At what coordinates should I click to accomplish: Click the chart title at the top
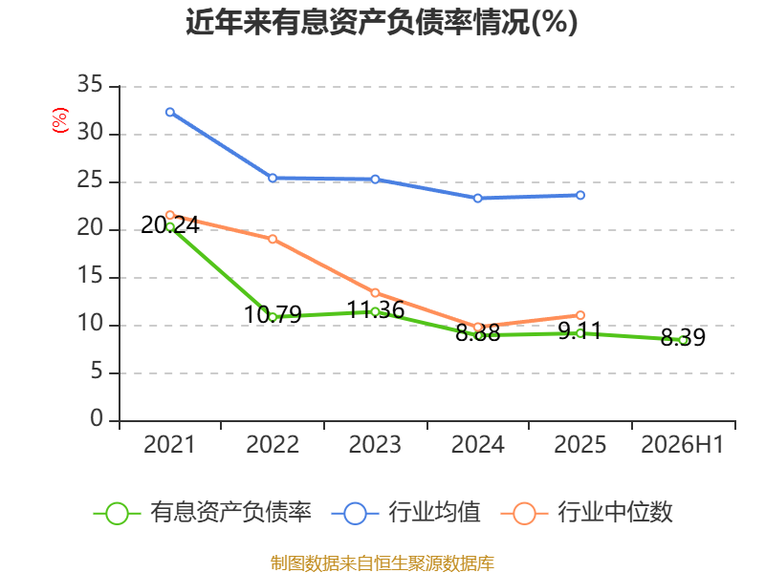(x=382, y=22)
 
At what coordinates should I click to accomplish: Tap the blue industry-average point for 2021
(x=170, y=112)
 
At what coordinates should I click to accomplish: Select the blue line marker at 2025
(x=580, y=195)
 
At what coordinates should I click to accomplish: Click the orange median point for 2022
(x=273, y=239)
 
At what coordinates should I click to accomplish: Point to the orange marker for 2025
(x=580, y=315)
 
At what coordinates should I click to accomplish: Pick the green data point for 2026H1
(x=683, y=341)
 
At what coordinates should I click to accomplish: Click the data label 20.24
(x=170, y=225)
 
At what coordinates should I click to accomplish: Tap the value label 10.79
(x=273, y=314)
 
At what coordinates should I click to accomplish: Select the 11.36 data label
(x=375, y=309)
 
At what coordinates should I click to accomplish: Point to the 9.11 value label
(x=579, y=330)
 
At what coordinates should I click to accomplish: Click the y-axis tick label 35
(x=90, y=84)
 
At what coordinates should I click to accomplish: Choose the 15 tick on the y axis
(x=90, y=276)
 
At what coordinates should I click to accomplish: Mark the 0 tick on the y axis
(x=97, y=418)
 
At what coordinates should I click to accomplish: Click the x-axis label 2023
(x=375, y=444)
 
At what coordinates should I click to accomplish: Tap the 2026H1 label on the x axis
(x=683, y=444)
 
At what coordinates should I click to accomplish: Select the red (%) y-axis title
(x=60, y=120)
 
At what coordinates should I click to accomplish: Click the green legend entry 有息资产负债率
(x=203, y=513)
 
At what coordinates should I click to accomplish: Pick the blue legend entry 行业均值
(x=405, y=513)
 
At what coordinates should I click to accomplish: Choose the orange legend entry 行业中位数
(x=587, y=513)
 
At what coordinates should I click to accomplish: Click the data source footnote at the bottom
(x=382, y=563)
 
